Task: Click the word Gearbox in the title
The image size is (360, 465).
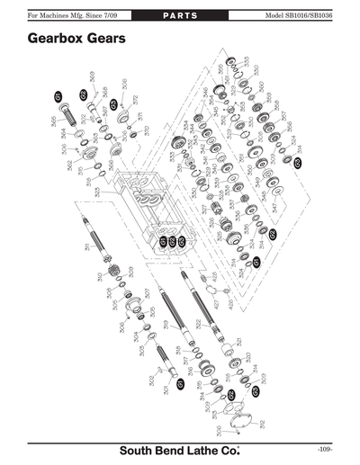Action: coord(60,40)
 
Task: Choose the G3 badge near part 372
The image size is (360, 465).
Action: coord(114,104)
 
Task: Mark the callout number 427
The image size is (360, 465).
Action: coord(216,304)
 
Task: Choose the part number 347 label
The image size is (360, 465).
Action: coord(274,208)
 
